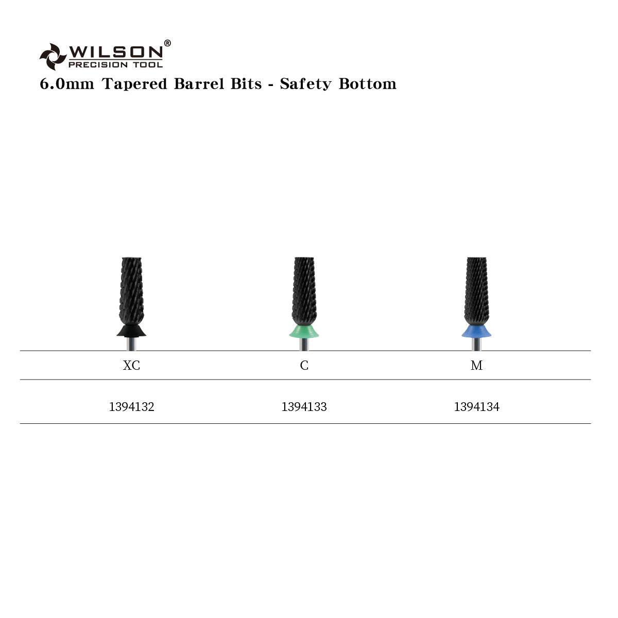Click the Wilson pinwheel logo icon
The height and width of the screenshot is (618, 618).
tap(53, 56)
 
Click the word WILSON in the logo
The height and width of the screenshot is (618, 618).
tap(116, 51)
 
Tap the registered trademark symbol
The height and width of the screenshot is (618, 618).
tap(167, 43)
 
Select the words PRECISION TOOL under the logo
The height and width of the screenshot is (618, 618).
tap(116, 65)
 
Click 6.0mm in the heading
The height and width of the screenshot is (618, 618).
tap(67, 84)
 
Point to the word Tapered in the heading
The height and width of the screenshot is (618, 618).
tap(135, 84)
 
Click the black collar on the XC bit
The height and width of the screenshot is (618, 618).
tap(131, 330)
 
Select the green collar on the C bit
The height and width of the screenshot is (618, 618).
tap(304, 331)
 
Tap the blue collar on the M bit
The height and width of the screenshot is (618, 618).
tap(476, 331)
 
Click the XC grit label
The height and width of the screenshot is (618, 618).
tap(131, 366)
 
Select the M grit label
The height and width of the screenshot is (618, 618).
tap(476, 366)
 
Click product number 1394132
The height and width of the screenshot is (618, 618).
tap(131, 407)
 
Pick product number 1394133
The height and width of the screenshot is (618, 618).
tap(304, 407)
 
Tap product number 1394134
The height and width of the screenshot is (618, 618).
tap(476, 407)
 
